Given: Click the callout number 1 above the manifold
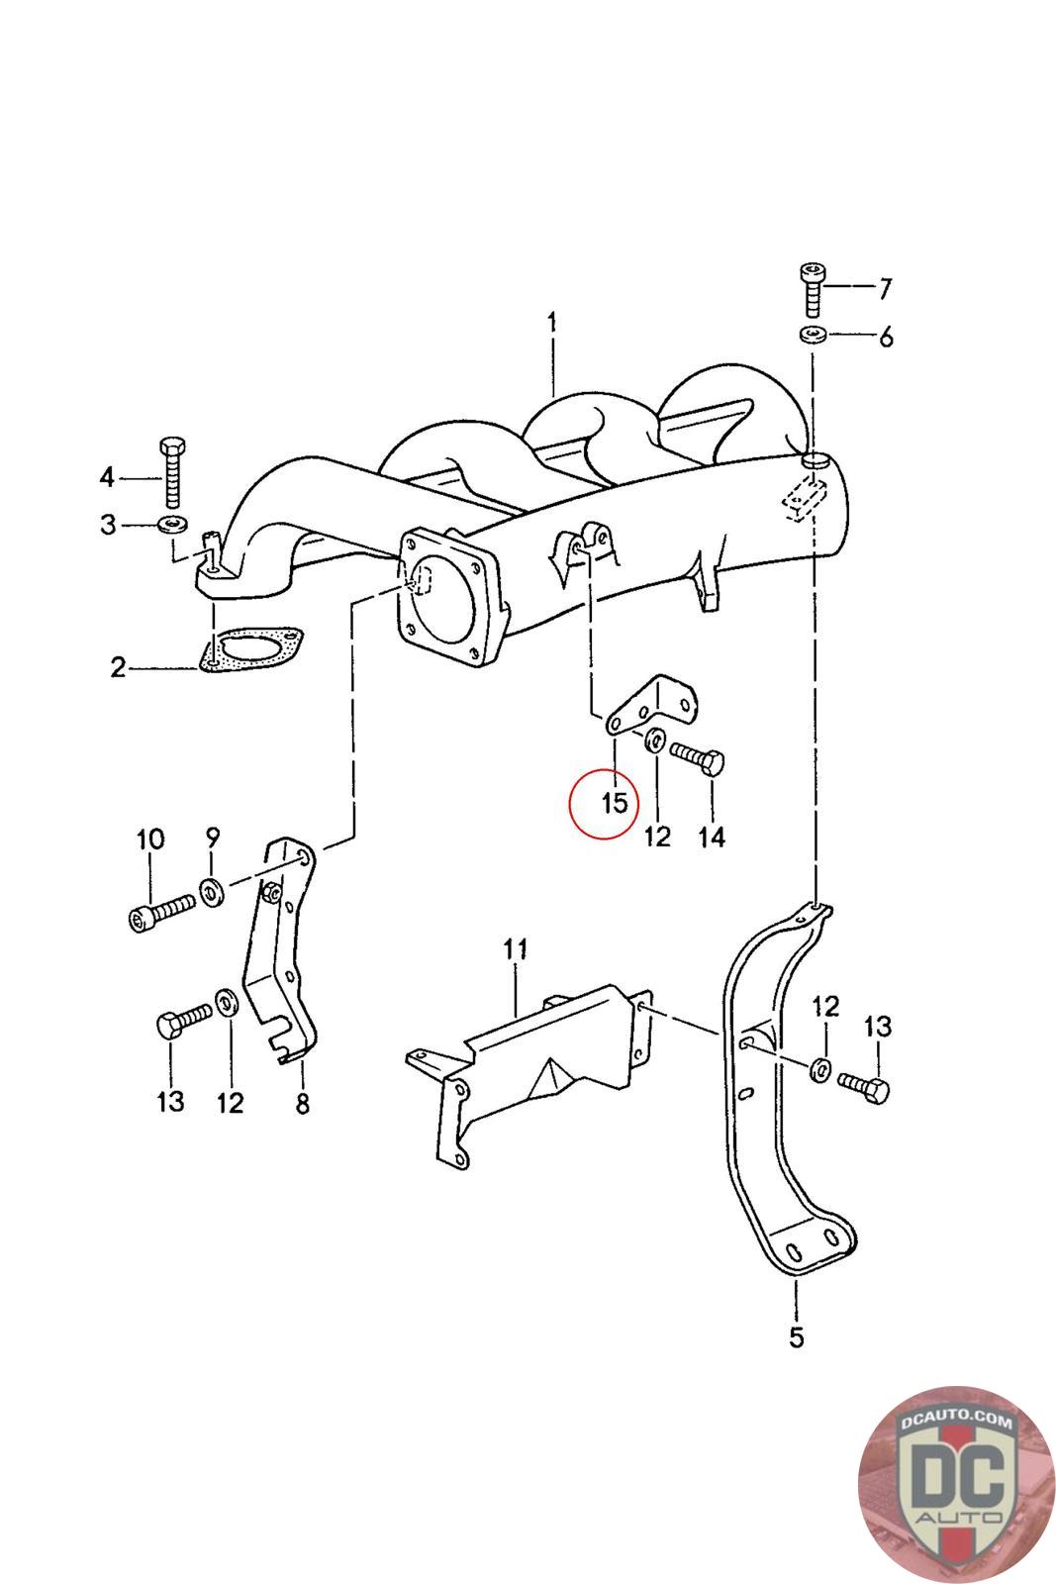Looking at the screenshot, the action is point(551,323).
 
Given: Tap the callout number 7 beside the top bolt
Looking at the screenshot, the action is point(885,288).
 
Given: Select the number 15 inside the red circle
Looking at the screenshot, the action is point(615,803).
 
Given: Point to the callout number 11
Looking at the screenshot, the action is point(516,949).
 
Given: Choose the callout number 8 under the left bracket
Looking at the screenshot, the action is point(303,1103).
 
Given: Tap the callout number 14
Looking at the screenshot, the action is point(712,837).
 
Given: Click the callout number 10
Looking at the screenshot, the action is point(150,840).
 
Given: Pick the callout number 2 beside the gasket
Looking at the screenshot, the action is point(118,667).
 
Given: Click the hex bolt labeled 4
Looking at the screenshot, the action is point(173,472).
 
